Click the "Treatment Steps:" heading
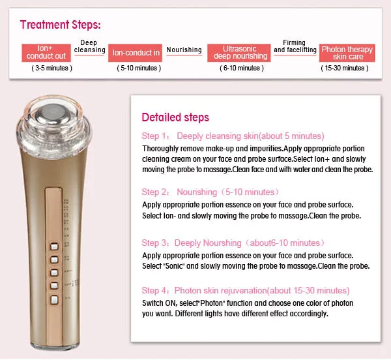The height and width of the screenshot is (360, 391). coord(61,25)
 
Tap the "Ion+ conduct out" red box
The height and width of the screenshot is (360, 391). coord(46,53)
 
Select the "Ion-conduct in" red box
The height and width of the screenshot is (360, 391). coord(135,53)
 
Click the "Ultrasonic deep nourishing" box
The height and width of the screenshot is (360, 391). coord(239,53)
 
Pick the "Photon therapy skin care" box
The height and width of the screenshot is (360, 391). coord(347,53)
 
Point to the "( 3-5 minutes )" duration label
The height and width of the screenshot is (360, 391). coord(52,68)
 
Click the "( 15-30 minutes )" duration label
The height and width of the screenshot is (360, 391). coord(345,68)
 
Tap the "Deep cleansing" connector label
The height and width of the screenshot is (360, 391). coord(89,46)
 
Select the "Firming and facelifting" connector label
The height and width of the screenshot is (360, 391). coord(295,46)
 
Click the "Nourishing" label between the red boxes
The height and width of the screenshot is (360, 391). coord(184,50)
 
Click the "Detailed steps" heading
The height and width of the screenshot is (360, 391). coord(175,117)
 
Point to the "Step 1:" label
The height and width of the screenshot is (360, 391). coord(156,136)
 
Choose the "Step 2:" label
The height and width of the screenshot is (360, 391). coord(156,192)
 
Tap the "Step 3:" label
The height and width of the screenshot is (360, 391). coord(156,243)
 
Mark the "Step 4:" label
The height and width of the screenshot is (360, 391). coord(156,291)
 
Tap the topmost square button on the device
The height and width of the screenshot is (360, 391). coord(54,247)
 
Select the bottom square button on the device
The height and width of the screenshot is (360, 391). coord(54,299)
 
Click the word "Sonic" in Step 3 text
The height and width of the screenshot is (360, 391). coord(174,266)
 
